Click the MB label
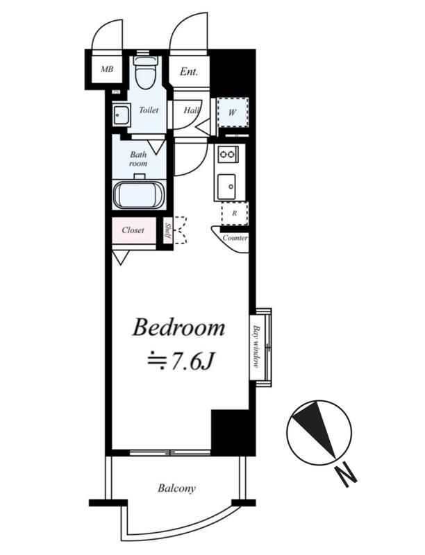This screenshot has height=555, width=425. click(x=107, y=69)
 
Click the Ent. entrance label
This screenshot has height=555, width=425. click(x=189, y=71)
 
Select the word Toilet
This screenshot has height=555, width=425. click(x=149, y=110)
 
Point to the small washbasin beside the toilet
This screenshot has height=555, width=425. click(x=121, y=114)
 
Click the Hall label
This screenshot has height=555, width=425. click(x=191, y=110)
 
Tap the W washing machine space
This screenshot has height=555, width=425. click(x=233, y=113)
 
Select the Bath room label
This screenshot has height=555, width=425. click(x=138, y=159)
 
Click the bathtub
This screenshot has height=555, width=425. click(x=139, y=196)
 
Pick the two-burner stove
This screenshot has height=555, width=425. click(x=228, y=154)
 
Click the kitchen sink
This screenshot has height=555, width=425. click(x=226, y=186)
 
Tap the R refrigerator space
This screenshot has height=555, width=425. click(x=235, y=214)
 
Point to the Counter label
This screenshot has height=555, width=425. click(x=235, y=238)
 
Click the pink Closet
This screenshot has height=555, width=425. click(x=134, y=230)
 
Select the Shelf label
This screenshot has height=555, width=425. click(x=168, y=231)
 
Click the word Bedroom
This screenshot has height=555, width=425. click(x=179, y=327)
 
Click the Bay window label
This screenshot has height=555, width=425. click(x=256, y=346)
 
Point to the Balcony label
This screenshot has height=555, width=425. click(x=176, y=489)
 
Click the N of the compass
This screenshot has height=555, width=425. click(x=346, y=475)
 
